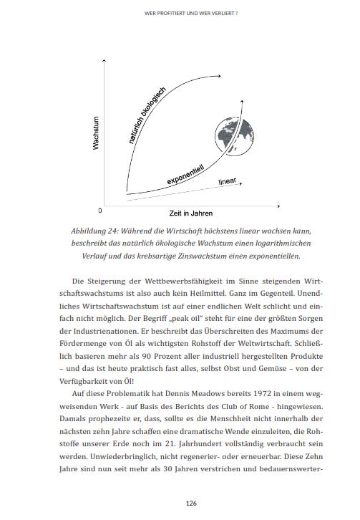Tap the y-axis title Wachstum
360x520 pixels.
(96, 133)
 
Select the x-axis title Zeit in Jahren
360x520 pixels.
(190, 213)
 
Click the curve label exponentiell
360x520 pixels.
(185, 174)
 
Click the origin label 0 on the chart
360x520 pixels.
(100, 211)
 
